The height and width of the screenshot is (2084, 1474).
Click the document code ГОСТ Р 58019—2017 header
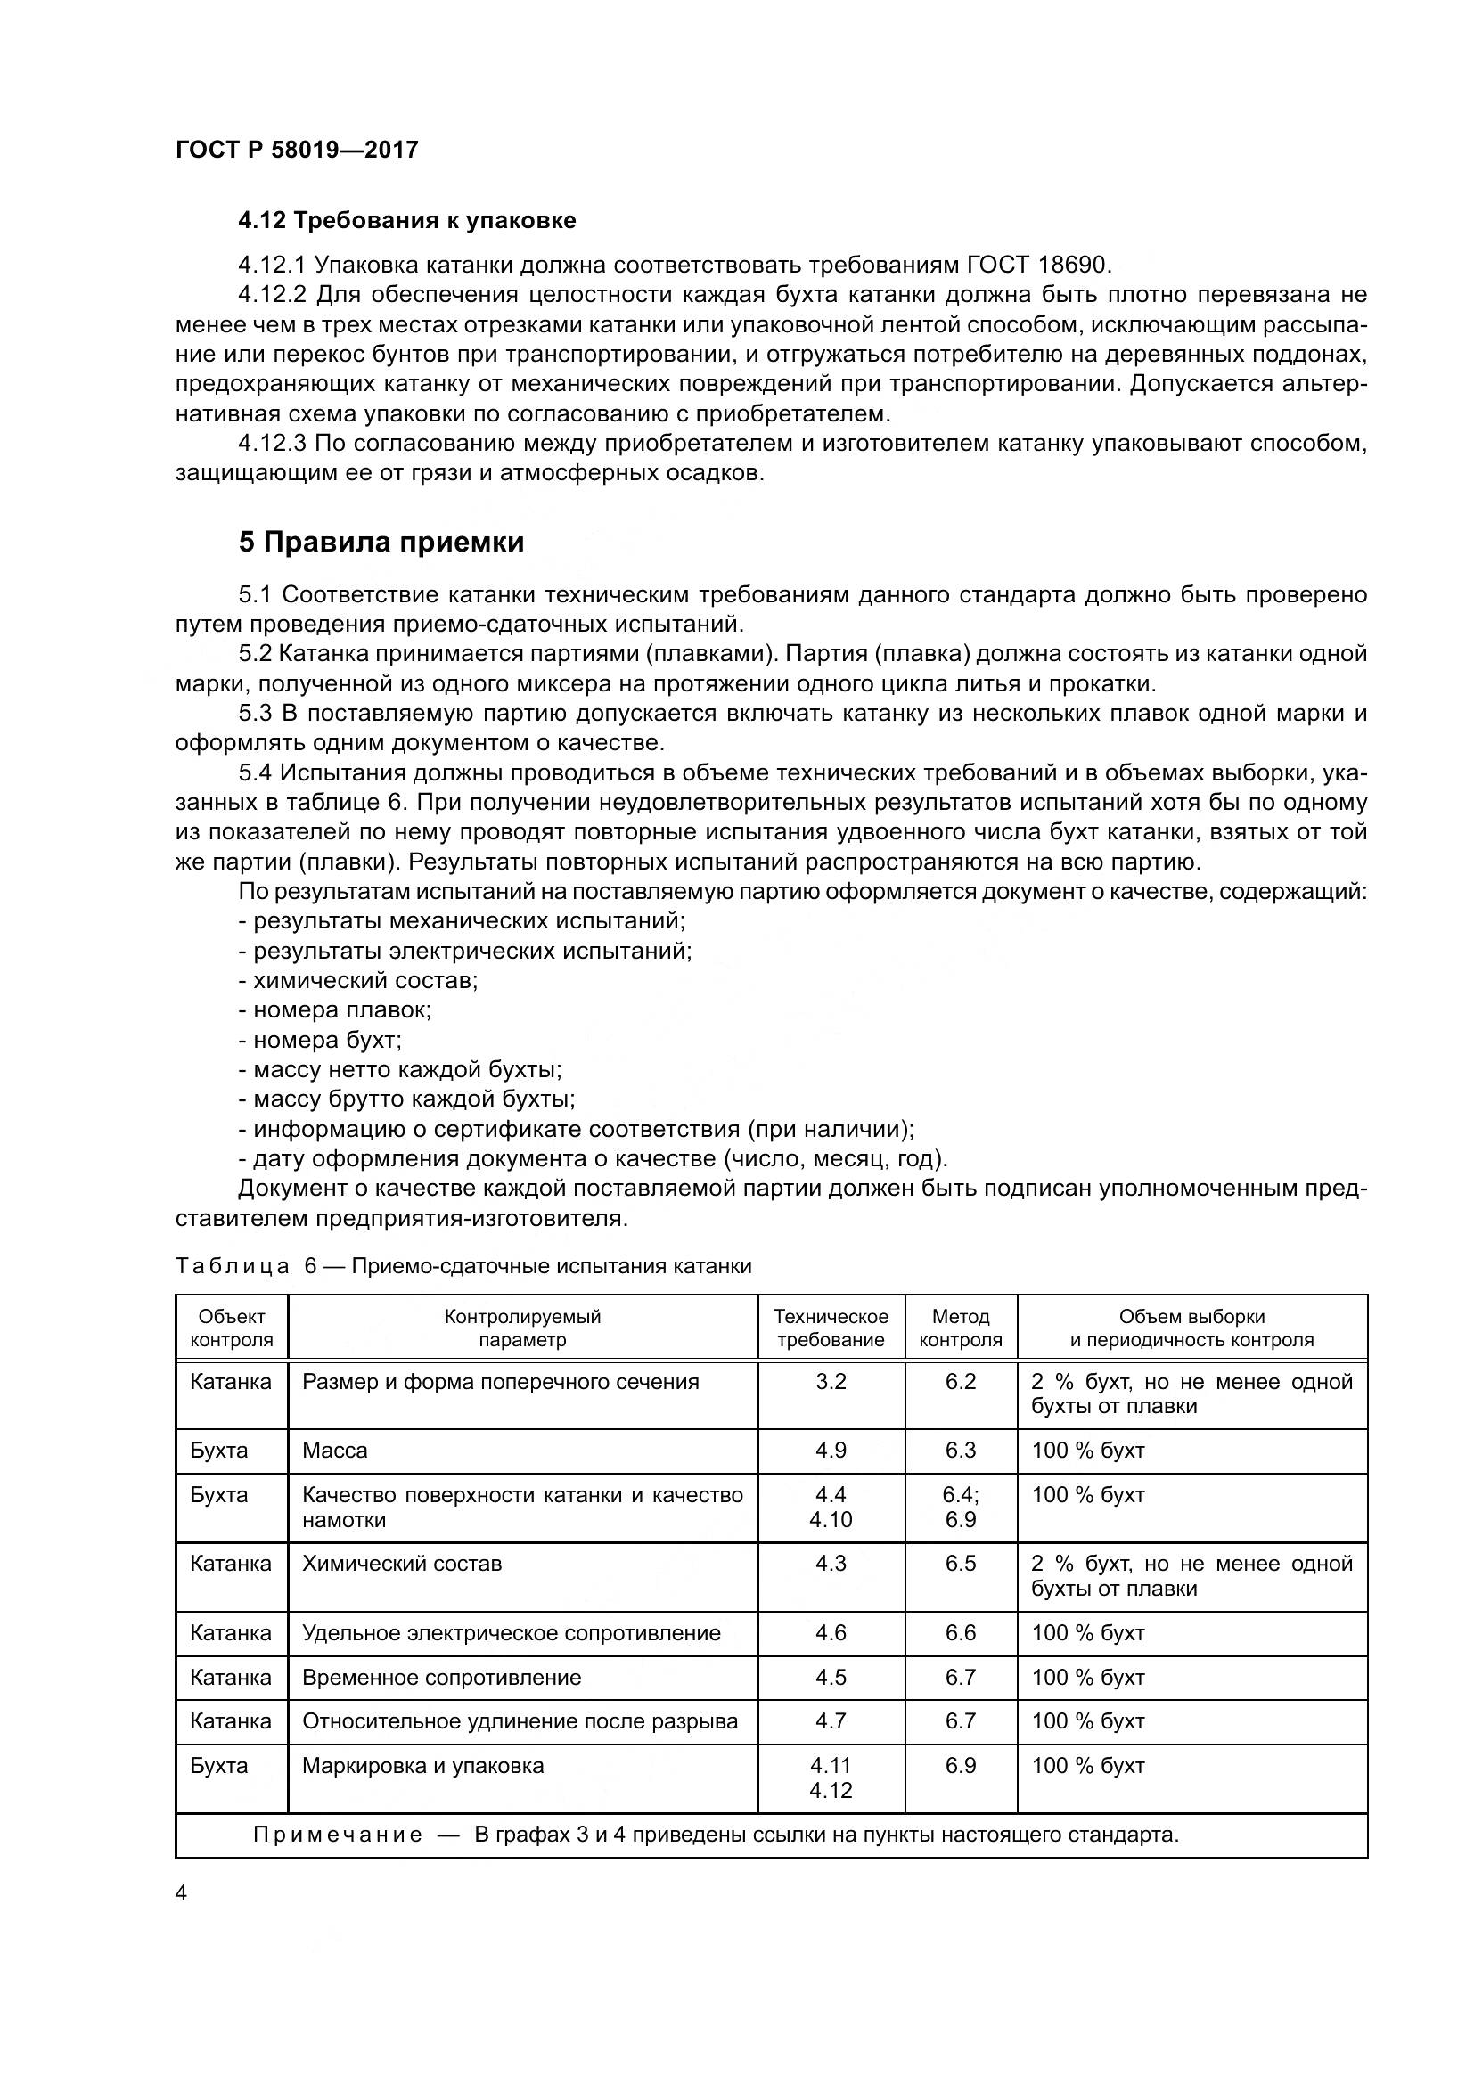coord(296,150)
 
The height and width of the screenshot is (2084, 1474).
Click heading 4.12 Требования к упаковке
coord(406,221)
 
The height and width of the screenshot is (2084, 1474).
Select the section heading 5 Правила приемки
coord(381,542)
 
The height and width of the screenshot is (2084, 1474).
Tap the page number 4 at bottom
coord(182,1893)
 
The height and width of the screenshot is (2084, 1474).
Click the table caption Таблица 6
coord(233,1265)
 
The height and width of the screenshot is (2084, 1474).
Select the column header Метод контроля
coord(961,1328)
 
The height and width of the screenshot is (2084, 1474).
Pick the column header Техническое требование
coord(831,1328)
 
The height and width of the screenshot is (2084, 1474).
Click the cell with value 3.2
coord(831,1382)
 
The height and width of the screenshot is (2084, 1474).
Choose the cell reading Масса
coord(335,1450)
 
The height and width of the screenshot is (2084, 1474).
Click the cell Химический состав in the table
coord(401,1563)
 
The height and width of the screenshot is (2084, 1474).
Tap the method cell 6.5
coord(961,1563)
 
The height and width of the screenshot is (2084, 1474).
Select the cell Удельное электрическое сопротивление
coord(511,1633)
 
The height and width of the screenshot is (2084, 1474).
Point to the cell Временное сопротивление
coord(441,1678)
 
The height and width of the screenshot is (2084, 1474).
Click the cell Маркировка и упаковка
coord(423,1765)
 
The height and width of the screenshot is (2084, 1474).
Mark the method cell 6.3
coord(961,1450)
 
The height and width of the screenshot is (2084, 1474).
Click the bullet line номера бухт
coord(320,1039)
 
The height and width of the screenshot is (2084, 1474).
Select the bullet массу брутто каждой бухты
coord(406,1099)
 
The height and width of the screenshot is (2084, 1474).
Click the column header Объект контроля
coord(232,1328)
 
